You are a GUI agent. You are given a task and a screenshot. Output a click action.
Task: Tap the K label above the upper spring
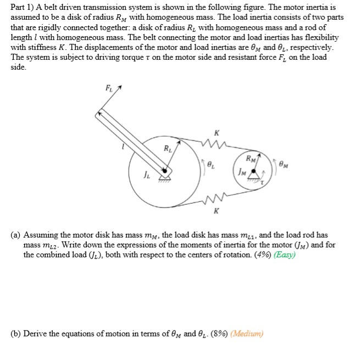[218, 133]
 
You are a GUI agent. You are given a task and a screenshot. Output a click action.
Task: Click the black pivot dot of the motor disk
[253, 173]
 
